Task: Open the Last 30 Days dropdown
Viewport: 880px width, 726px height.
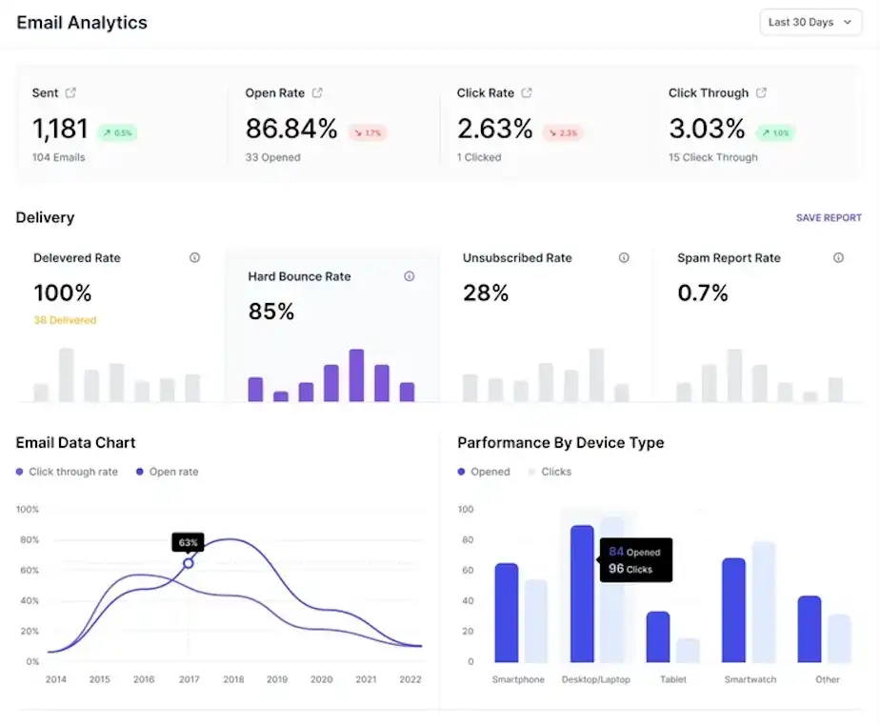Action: pos(810,23)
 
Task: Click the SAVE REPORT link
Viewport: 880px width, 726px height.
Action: pos(829,218)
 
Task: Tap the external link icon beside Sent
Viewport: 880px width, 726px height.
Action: pos(70,92)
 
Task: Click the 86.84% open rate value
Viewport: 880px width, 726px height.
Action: pos(291,129)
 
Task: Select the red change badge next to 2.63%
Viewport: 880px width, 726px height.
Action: pos(563,133)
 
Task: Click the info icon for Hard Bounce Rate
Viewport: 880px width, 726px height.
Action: pos(410,276)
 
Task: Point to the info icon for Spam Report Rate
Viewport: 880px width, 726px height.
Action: pos(838,258)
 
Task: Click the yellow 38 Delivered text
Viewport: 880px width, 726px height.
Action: pos(65,320)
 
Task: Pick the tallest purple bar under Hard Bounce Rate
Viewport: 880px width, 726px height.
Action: pos(356,375)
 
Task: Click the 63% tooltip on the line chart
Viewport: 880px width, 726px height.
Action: pos(188,542)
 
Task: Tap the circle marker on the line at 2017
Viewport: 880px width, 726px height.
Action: pos(189,563)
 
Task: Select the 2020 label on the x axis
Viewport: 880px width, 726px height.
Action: pos(322,679)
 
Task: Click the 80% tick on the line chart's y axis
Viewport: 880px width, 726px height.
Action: pos(30,539)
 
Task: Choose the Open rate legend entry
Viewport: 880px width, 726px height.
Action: pos(168,472)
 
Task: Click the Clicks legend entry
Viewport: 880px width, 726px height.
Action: pos(550,472)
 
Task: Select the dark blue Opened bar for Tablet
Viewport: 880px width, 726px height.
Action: pos(658,636)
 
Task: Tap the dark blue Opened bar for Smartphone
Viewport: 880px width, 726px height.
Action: pos(507,613)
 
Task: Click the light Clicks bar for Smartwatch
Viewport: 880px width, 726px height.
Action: pos(764,602)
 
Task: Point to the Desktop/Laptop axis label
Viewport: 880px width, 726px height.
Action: pos(596,679)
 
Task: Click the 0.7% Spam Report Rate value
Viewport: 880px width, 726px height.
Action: pos(703,292)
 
